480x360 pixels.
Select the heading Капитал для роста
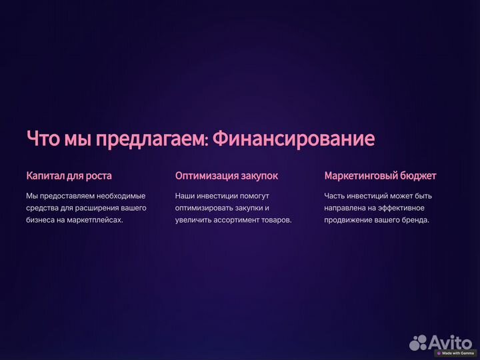69,176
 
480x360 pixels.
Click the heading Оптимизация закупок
227,176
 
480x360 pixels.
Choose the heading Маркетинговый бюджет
380,176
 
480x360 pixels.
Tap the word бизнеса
41,220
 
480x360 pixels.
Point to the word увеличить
193,220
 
